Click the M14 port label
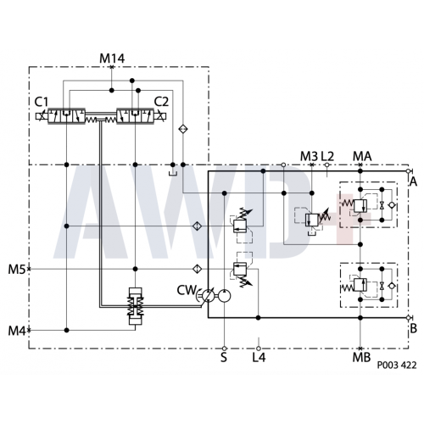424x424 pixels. click(112, 59)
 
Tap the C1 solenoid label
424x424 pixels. click(42, 102)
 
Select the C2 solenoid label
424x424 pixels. click(161, 102)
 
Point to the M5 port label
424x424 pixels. click(17, 270)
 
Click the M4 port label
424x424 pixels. click(17, 331)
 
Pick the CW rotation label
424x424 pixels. click(187, 290)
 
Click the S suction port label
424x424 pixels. click(224, 358)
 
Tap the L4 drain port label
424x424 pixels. click(259, 358)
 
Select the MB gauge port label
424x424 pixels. click(361, 358)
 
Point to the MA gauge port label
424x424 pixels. click(362, 156)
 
